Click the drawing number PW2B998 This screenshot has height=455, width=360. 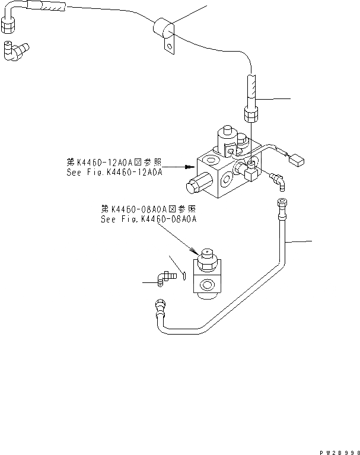(x=335, y=450)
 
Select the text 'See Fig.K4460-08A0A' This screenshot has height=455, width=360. (x=148, y=218)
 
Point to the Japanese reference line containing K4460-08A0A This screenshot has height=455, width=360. (x=148, y=209)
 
